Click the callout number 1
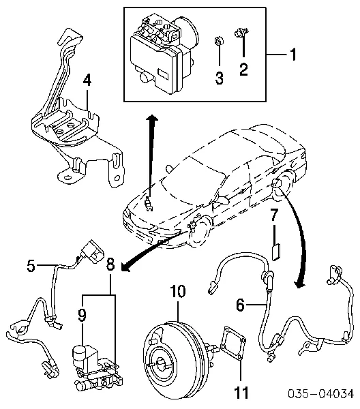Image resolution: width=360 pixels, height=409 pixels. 293,55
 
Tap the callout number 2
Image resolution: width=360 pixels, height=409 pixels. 243,69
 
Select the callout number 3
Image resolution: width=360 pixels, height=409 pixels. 219,78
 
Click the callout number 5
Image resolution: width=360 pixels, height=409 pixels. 31,266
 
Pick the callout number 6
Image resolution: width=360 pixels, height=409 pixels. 241,305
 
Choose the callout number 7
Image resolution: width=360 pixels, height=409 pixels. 273,215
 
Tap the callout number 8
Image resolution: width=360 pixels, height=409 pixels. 110,264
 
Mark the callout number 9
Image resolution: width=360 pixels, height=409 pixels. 82,315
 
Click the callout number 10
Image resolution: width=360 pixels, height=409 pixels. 178,291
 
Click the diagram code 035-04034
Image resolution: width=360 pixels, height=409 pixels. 321,394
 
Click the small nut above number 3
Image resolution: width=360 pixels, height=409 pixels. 218,41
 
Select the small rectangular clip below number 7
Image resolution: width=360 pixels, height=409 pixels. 275,252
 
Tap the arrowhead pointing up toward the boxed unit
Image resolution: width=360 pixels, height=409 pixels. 151,118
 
